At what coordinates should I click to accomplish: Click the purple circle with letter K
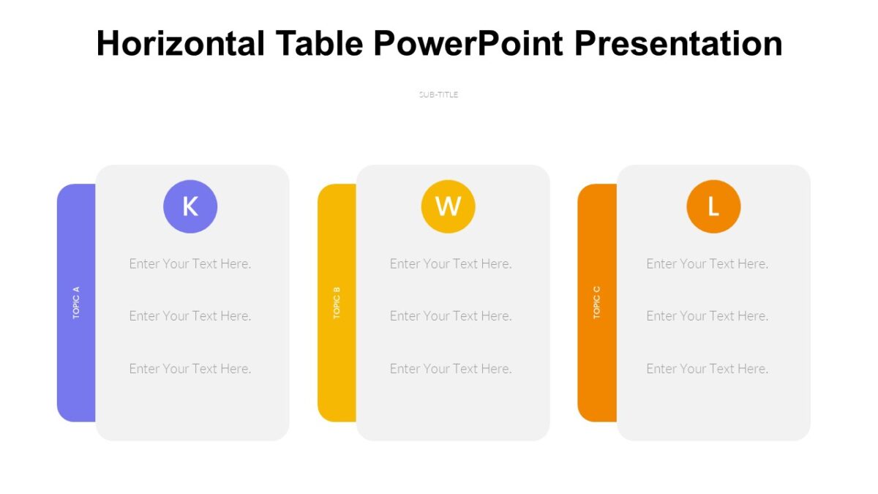190,206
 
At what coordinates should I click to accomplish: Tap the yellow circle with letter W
448,206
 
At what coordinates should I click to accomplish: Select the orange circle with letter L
713,206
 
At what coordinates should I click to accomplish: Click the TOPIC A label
76,302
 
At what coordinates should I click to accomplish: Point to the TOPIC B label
337,302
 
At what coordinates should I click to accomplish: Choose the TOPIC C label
597,302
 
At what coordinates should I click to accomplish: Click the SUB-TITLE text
438,94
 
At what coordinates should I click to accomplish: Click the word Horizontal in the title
181,44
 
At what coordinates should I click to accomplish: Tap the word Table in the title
319,44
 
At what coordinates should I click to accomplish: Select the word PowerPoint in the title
468,44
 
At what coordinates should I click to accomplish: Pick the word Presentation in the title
678,44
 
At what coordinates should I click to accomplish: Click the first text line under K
190,263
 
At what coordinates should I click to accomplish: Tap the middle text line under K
190,316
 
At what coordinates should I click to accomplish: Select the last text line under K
190,369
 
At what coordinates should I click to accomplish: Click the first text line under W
451,263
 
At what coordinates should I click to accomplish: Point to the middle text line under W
451,316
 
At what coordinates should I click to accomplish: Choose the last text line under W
451,369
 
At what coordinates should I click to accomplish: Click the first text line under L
708,263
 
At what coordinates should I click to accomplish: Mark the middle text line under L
708,316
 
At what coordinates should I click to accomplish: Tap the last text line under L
708,369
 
